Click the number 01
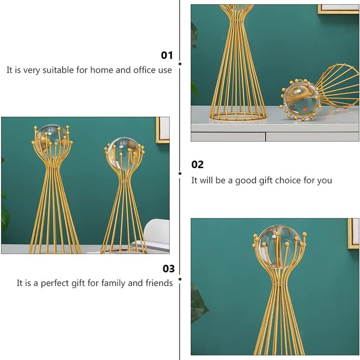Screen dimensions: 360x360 click(x=167, y=56)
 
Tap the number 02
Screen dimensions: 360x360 click(x=197, y=165)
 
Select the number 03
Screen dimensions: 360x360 click(x=169, y=268)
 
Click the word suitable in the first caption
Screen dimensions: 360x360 click(x=58, y=70)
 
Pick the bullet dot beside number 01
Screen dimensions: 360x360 click(x=180, y=64)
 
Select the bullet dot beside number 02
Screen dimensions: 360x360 click(x=180, y=174)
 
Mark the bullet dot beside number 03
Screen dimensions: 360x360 click(x=180, y=279)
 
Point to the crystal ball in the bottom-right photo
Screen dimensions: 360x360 click(x=279, y=247)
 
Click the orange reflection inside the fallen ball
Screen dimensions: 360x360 click(x=304, y=109)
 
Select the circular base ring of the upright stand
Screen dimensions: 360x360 click(x=238, y=116)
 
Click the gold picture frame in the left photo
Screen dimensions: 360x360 click(x=163, y=130)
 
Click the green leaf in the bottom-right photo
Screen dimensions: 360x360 click(x=199, y=303)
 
